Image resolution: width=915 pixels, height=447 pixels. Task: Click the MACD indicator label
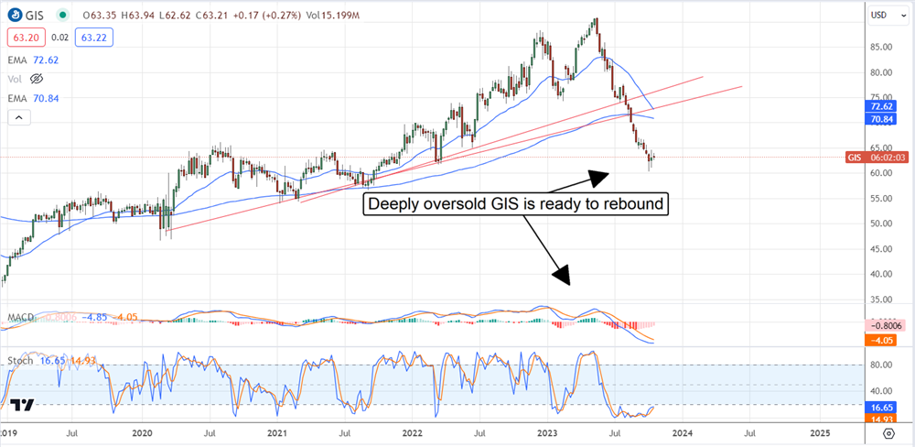21,318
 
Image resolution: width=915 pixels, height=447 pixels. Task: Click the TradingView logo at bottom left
23,406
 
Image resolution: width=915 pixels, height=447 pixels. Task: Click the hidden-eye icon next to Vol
38,79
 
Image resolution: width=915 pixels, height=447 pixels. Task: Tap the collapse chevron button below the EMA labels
18,116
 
